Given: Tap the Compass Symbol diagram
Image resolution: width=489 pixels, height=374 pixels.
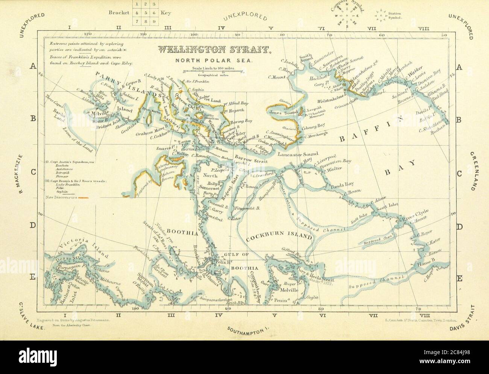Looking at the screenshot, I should [x=347, y=16].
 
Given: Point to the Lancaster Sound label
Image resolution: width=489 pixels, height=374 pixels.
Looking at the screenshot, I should [x=298, y=154].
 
